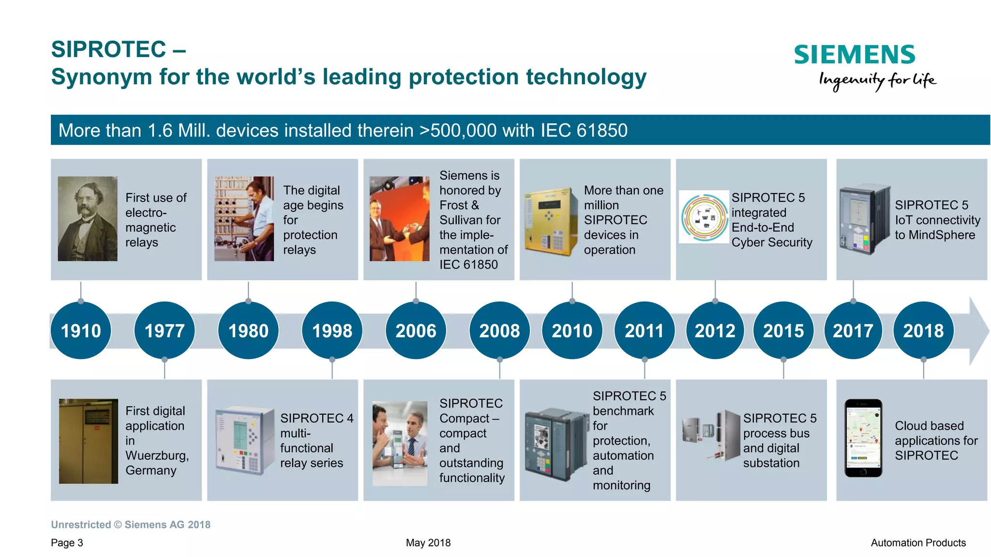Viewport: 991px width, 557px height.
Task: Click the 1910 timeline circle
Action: pyautogui.click(x=81, y=331)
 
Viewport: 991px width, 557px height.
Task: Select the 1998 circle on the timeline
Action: pyautogui.click(x=332, y=331)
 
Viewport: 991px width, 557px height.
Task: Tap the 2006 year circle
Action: pyautogui.click(x=416, y=331)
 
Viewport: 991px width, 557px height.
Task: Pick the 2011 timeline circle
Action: pyautogui.click(x=644, y=331)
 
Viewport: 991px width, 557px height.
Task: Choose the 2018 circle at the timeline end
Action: pyautogui.click(x=923, y=331)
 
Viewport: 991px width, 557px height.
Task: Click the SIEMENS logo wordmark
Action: pyautogui.click(x=855, y=54)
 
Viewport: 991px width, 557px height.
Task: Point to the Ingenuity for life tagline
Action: pyautogui.click(x=877, y=80)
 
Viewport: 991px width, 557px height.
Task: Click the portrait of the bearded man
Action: pyautogui.click(x=88, y=219)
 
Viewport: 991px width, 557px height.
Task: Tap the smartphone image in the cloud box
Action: pyautogui.click(x=863, y=438)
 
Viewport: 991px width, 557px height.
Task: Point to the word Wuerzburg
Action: pyautogui.click(x=156, y=455)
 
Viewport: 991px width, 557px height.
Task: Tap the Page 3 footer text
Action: pyautogui.click(x=67, y=542)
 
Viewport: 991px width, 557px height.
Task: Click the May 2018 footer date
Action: pyautogui.click(x=428, y=542)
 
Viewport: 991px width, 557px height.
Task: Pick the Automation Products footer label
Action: pyautogui.click(x=918, y=542)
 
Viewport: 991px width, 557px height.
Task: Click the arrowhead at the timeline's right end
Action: pyautogui.click(x=978, y=331)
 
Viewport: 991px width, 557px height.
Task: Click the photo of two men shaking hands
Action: pyautogui.click(x=399, y=219)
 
